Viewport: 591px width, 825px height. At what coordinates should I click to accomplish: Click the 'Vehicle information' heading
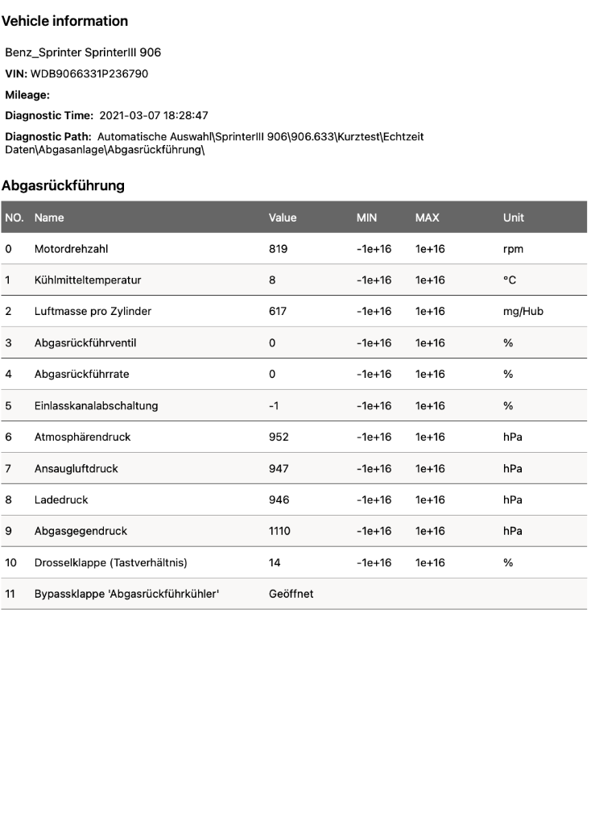click(64, 21)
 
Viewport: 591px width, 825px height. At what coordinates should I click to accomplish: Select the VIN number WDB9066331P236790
click(89, 73)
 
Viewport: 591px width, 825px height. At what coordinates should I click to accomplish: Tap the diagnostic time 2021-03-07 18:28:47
click(154, 115)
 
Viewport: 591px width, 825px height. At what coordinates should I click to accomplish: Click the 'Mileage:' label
click(27, 94)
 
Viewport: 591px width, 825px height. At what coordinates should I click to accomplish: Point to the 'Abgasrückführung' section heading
click(63, 185)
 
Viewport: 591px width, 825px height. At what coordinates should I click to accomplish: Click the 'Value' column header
click(283, 218)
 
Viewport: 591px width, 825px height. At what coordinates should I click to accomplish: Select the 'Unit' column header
click(513, 218)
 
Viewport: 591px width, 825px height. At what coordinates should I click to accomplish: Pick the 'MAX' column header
click(427, 218)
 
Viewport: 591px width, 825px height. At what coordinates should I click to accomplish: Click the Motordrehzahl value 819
click(278, 249)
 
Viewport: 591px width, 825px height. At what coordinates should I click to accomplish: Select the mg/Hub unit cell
click(523, 312)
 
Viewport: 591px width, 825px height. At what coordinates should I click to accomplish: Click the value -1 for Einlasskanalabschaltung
click(274, 405)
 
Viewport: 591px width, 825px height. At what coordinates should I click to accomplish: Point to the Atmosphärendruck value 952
click(279, 437)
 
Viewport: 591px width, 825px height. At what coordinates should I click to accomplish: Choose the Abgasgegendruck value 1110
click(280, 531)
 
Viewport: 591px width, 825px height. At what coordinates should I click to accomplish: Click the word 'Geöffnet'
click(291, 594)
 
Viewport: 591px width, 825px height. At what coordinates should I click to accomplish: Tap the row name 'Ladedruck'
click(61, 500)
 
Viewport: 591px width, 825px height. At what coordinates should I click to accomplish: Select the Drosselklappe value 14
click(275, 562)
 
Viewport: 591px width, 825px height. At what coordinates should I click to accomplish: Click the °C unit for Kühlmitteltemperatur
click(509, 280)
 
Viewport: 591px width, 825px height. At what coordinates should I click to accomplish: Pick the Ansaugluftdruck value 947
click(279, 468)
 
